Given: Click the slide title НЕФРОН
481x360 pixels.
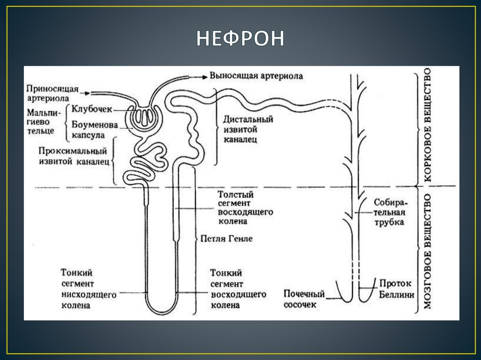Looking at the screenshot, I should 240,38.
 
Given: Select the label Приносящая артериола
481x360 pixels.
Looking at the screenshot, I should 52,93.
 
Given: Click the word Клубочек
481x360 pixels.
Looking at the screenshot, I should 92,109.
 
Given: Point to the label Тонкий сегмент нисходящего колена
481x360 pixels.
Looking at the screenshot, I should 82,289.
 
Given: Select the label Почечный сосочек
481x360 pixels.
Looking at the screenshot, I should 304,299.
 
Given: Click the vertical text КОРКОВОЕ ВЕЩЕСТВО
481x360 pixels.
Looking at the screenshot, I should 427,126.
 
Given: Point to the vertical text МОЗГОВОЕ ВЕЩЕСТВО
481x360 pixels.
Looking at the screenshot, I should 427,251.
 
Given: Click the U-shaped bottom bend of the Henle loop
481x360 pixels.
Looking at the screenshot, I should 161,310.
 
